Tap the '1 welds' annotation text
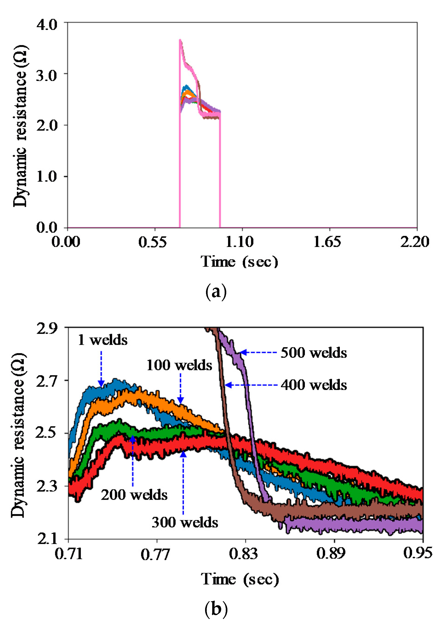103,340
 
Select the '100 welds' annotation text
179,365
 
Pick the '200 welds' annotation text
134,495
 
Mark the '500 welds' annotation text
314,353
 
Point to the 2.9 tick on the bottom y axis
47,329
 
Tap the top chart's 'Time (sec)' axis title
240,262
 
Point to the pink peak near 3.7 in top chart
180,40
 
